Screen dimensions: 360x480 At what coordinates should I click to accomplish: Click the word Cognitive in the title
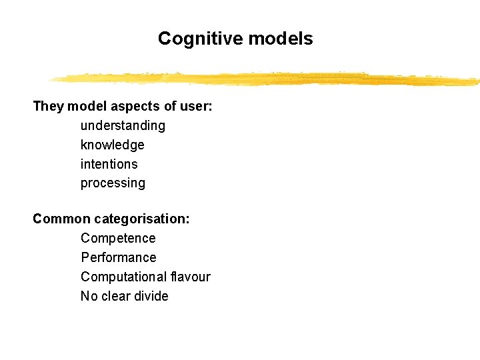click(x=201, y=39)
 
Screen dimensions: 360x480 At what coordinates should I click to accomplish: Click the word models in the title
click(x=280, y=39)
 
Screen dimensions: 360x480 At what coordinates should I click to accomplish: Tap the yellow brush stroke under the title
click(x=267, y=79)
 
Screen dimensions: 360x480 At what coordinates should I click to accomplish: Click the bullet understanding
click(x=123, y=126)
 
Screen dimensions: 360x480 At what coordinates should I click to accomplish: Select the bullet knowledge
click(x=112, y=145)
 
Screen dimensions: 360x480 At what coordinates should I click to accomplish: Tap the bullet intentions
click(x=109, y=164)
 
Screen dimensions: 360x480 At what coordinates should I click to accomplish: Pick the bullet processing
click(x=113, y=183)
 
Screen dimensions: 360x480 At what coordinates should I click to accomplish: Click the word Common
click(x=61, y=219)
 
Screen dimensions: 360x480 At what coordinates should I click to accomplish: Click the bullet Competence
click(x=118, y=238)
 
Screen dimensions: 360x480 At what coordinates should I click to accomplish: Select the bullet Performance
click(x=119, y=257)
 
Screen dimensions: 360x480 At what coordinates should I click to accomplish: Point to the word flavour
click(x=190, y=277)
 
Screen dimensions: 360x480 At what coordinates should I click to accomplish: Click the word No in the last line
click(x=88, y=296)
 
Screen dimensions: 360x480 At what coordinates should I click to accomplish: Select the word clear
click(x=113, y=296)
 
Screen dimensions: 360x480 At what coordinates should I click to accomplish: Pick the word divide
click(x=151, y=296)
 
